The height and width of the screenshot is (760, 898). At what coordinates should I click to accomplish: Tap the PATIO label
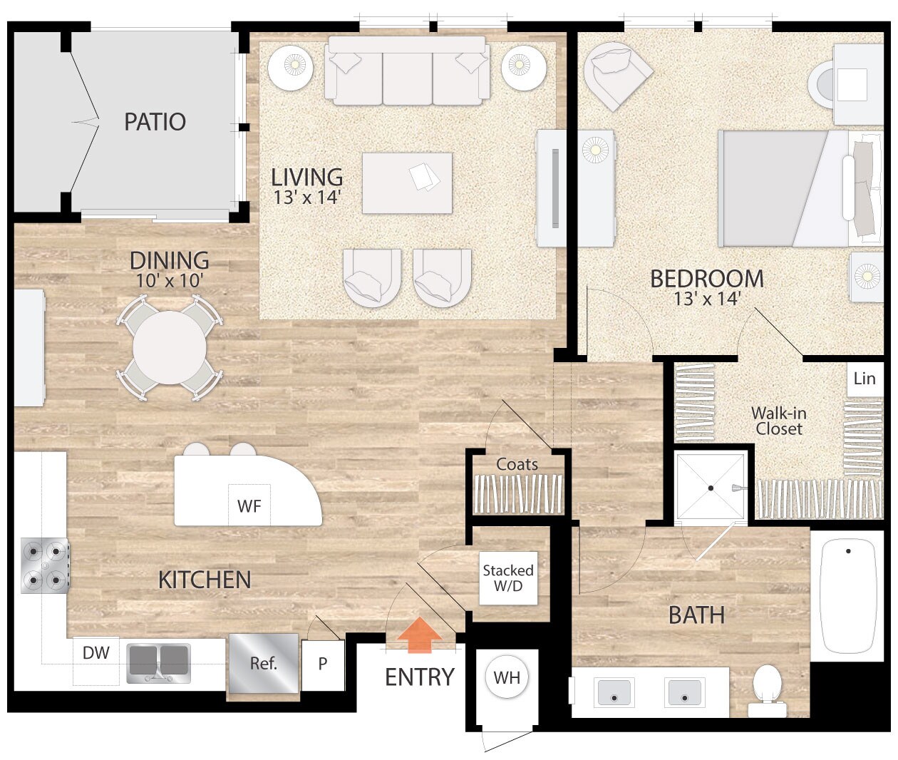point(155,122)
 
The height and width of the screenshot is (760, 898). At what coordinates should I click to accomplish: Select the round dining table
point(170,348)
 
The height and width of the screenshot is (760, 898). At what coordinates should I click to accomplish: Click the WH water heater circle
point(507,677)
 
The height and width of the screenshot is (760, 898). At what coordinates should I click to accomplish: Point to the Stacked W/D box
point(507,578)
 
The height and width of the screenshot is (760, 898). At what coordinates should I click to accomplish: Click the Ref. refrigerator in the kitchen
point(263,664)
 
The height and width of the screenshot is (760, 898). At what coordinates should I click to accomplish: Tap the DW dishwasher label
point(96,652)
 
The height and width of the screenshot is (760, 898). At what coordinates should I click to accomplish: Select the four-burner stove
point(45,565)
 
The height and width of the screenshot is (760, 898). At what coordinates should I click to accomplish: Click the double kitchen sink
point(159,663)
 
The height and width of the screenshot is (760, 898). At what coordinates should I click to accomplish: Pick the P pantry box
point(323,664)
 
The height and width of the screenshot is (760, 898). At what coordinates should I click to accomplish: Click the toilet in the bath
point(768,689)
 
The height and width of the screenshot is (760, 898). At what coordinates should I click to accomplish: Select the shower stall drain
point(711,488)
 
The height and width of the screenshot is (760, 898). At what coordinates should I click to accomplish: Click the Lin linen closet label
point(864,379)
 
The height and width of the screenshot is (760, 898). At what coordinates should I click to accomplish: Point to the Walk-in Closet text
point(778,421)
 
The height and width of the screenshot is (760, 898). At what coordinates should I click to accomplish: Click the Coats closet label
point(517,464)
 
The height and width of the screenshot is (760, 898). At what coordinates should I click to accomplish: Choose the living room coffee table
point(407,183)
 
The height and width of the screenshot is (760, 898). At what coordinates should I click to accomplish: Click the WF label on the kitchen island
point(249,506)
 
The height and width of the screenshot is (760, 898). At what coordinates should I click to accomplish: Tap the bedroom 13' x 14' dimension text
point(707,299)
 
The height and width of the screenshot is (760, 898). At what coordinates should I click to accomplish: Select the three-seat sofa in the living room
point(407,72)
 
